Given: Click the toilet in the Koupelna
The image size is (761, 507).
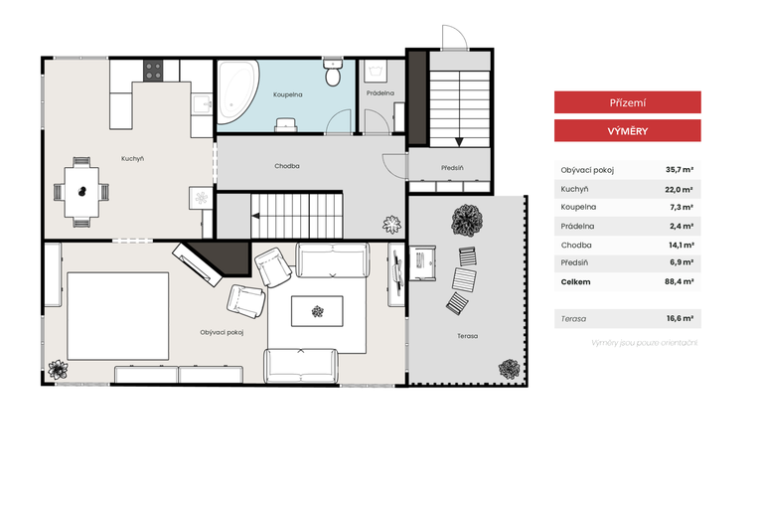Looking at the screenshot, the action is point(333,72).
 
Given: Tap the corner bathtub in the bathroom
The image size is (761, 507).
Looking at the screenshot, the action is point(237,92).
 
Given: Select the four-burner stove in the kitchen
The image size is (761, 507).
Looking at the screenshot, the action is point(153,71).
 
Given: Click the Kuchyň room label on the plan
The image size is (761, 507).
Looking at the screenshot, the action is point(132,158).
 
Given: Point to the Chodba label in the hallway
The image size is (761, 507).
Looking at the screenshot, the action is point(287,166).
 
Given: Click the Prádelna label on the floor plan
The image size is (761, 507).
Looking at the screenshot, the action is point(380,93).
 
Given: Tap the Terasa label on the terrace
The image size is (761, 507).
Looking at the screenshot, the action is point(467,336).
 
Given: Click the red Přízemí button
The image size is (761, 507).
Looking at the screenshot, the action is point(628,102).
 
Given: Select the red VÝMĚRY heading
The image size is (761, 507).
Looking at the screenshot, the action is point(628,131).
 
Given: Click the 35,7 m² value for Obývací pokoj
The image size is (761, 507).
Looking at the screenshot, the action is point(680,170).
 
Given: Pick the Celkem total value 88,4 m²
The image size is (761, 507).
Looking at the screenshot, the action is point(680,281).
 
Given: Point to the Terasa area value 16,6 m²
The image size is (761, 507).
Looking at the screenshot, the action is point(680,318).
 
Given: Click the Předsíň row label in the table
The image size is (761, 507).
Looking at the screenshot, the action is point(574,262).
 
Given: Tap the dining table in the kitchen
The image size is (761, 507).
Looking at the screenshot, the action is point(81,192).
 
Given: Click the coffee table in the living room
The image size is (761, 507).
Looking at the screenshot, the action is point(317,311).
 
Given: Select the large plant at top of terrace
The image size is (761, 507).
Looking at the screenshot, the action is point(467,221).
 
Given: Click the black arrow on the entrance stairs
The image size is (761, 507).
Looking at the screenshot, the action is point(459,142).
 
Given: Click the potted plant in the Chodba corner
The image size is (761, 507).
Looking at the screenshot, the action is point(391,225).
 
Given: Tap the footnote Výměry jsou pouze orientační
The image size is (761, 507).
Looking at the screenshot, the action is point(644,343).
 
